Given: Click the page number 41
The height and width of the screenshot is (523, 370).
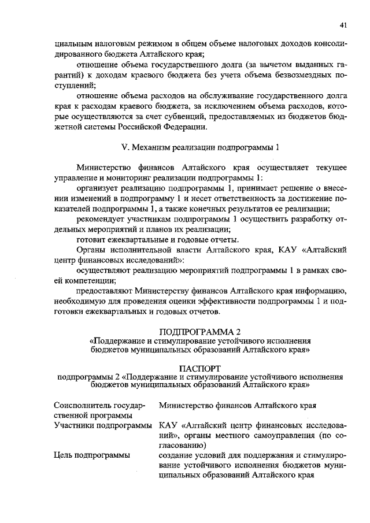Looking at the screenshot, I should pyautogui.click(x=343, y=25).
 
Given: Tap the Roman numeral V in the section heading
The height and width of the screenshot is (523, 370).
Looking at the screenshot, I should pyautogui.click(x=134, y=146).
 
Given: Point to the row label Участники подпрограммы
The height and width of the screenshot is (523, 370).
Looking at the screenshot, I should pyautogui.click(x=102, y=426).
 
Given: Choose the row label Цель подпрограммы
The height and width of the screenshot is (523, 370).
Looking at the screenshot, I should pyautogui.click(x=91, y=455).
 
